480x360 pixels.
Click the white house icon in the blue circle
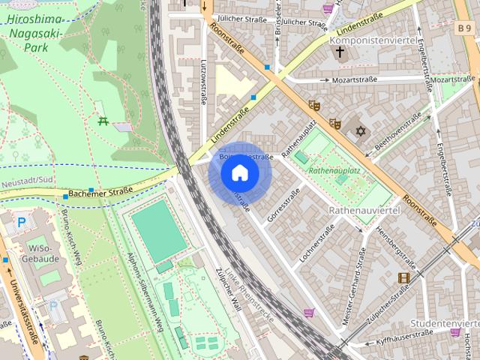pyautogui.click(x=239, y=173)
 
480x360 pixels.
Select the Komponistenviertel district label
pyautogui.click(x=373, y=40)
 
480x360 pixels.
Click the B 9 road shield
pyautogui.click(x=465, y=28)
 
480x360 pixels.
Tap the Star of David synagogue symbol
pyautogui.click(x=361, y=131)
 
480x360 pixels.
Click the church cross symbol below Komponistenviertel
pyautogui.click(x=340, y=53)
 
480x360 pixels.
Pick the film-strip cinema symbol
pyautogui.click(x=404, y=278)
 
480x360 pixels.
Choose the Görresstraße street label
pyautogui.click(x=283, y=201)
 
